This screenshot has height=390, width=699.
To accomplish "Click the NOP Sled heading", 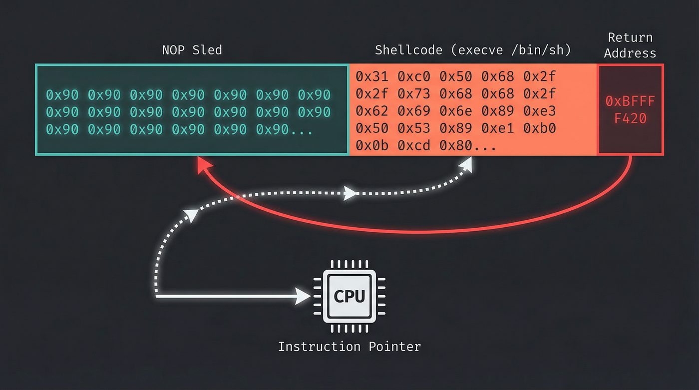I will tap(192, 50).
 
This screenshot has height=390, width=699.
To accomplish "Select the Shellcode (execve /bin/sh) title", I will tap(473, 50).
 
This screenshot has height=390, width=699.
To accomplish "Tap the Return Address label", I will tap(630, 45).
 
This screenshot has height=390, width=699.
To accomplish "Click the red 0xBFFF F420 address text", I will tap(630, 110).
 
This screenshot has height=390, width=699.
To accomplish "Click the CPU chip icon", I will tap(349, 297).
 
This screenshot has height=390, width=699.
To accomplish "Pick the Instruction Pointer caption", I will tap(349, 347).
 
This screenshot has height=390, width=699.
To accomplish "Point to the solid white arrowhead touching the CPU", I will tap(303, 297).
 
